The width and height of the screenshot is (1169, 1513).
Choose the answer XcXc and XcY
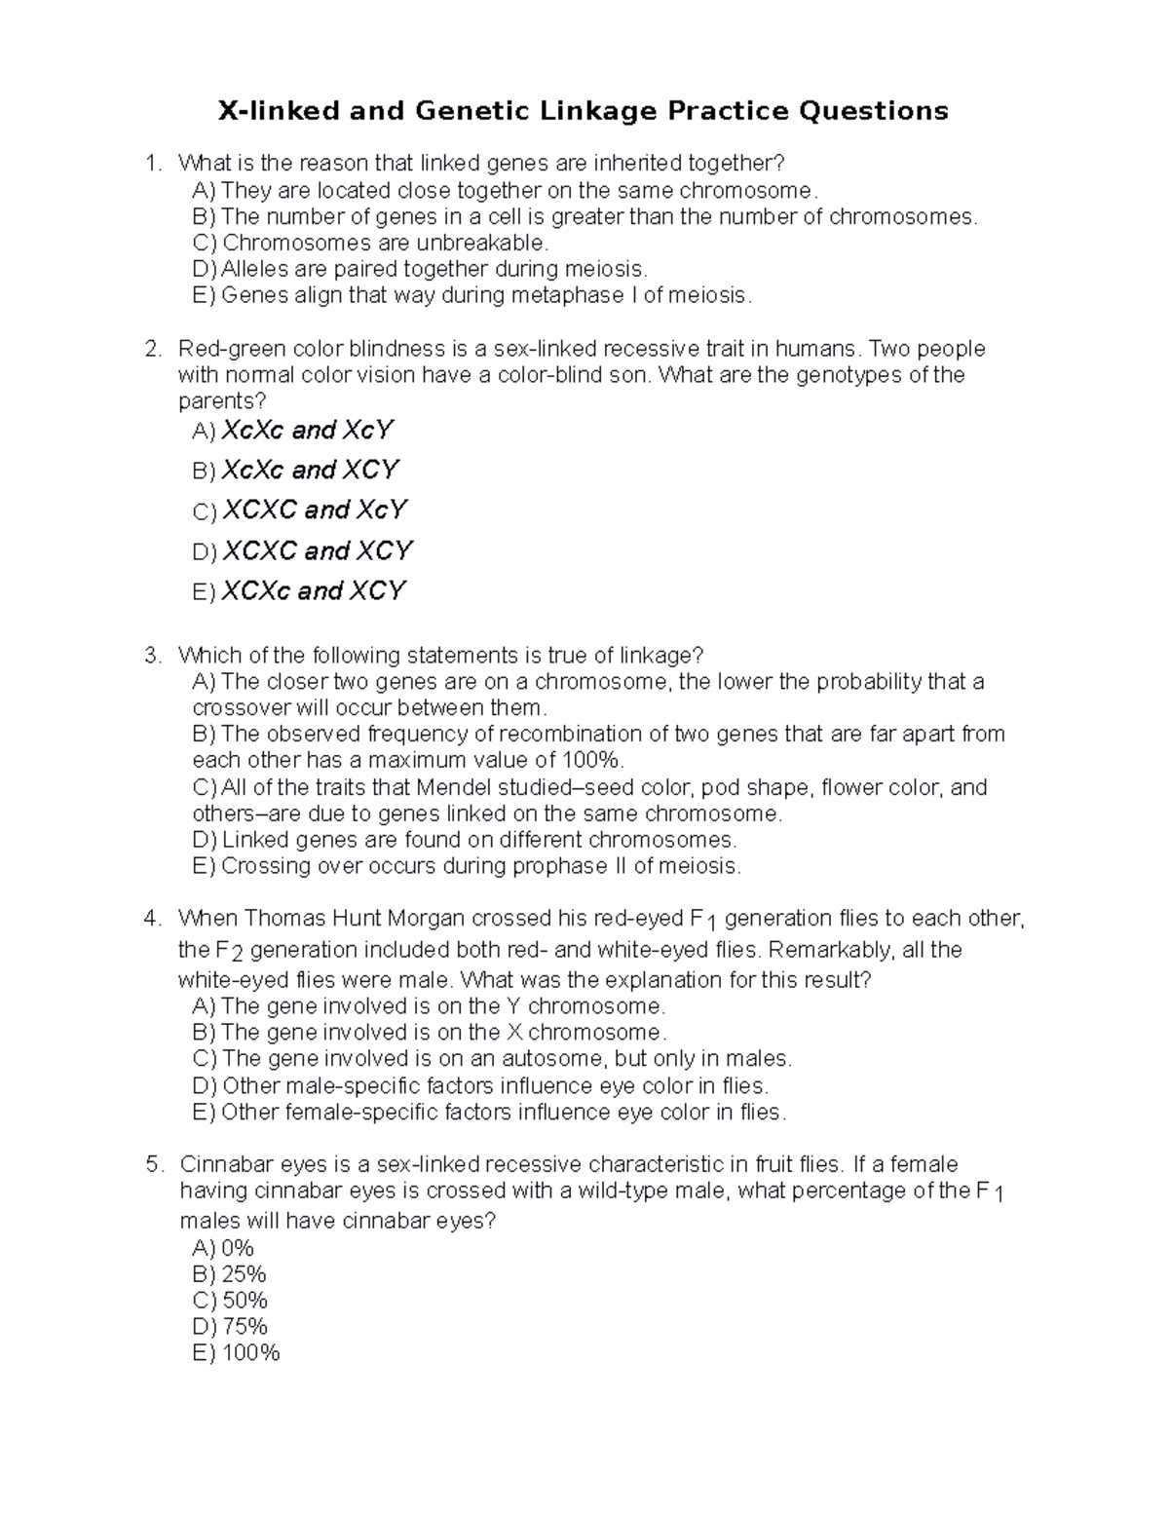coord(307,430)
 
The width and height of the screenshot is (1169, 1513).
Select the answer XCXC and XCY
coord(317,550)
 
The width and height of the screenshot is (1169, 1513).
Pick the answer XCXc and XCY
coord(313,590)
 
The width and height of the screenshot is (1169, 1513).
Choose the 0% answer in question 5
coord(238,1248)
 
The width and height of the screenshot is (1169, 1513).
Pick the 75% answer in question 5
coord(245,1327)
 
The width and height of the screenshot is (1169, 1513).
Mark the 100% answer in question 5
coord(250,1353)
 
